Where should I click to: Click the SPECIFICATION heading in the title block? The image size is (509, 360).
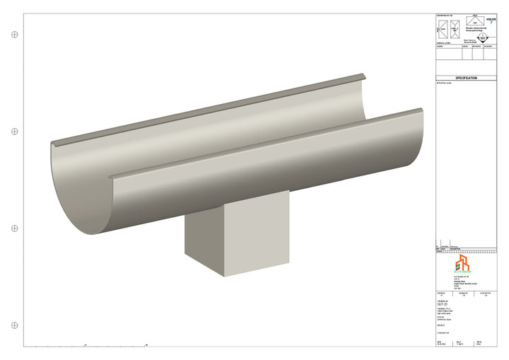click(466, 79)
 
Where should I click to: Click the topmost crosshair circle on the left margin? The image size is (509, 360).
click(14, 34)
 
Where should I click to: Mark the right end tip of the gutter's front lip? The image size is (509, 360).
click(421, 111)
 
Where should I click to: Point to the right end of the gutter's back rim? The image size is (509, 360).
click(364, 75)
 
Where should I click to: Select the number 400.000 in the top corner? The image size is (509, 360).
click(492, 20)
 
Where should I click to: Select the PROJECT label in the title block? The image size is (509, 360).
click(441, 325)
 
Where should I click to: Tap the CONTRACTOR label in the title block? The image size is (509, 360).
click(444, 332)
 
